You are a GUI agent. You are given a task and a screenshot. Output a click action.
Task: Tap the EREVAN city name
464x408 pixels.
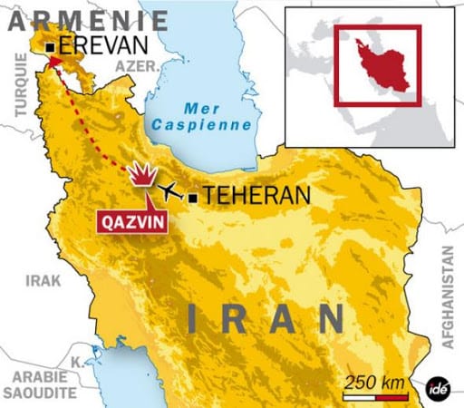[102, 45]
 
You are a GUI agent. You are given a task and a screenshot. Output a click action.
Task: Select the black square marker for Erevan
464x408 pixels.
[51, 45]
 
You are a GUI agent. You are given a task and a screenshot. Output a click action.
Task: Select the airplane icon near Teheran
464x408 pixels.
[169, 190]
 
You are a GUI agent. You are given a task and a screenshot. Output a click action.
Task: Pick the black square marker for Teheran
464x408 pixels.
[193, 196]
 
